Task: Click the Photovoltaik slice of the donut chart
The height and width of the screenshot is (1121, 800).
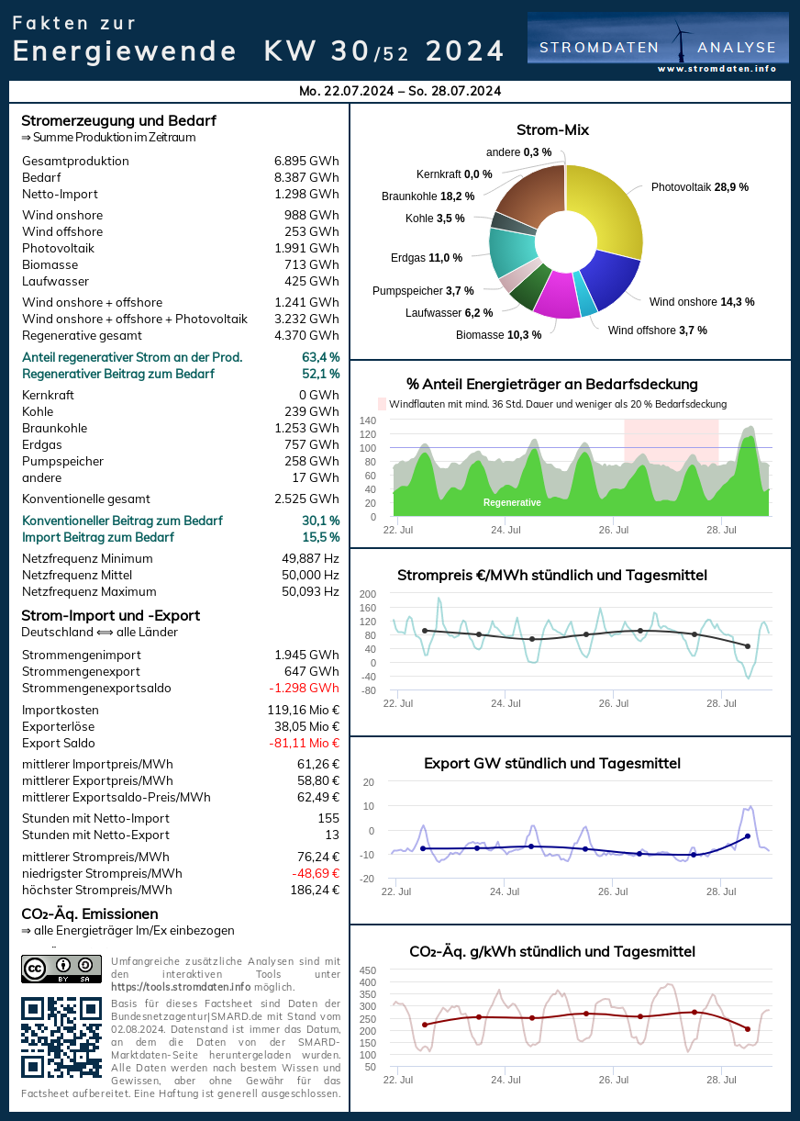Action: coord(610,207)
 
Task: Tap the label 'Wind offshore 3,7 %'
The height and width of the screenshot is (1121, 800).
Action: coord(657,331)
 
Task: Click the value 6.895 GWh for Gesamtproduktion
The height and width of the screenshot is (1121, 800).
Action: coord(306,162)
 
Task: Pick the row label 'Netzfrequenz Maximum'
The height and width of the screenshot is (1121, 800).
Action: coord(89,592)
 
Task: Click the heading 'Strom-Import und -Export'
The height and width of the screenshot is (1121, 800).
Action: coord(110,616)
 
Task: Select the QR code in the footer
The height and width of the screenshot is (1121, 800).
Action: coord(61,1037)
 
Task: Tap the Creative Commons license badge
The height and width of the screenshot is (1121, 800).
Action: coord(61,969)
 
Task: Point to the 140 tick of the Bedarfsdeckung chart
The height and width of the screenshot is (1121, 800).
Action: coord(367,420)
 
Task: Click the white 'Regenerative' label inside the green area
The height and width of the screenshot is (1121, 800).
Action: coord(512,503)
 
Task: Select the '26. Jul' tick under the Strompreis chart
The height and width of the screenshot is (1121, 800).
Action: coord(613,703)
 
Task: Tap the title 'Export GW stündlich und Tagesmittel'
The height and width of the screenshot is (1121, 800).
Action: coord(552,764)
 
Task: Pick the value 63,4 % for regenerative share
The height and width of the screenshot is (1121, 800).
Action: coord(320,357)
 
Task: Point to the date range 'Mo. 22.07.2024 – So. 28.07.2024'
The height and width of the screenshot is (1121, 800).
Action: coord(400,91)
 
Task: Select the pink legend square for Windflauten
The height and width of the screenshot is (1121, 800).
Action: coord(383,404)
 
